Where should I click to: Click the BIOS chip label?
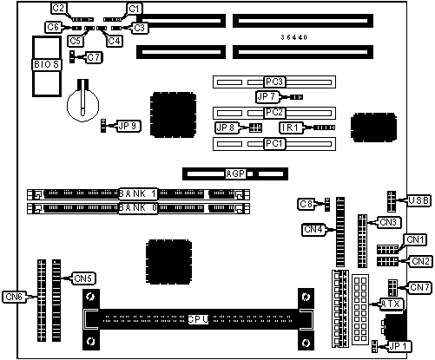click(46, 64)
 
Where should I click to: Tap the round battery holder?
click(82, 104)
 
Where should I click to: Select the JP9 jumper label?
click(129, 127)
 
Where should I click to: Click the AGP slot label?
click(235, 173)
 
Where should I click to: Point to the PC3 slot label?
click(274, 82)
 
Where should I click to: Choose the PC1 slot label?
click(274, 143)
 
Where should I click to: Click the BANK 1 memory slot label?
click(138, 194)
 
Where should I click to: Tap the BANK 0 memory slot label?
click(138, 208)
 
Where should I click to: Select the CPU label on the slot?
click(198, 319)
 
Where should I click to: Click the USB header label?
click(419, 200)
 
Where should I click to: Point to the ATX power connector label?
click(391, 304)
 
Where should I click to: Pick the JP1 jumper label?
click(399, 346)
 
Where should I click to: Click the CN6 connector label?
click(14, 297)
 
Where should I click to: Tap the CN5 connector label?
click(83, 278)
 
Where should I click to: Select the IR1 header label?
click(291, 128)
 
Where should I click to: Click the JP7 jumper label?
click(267, 96)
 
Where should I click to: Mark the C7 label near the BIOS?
click(93, 57)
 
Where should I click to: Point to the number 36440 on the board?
click(293, 37)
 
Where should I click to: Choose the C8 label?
click(306, 204)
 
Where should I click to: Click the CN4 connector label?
click(313, 230)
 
